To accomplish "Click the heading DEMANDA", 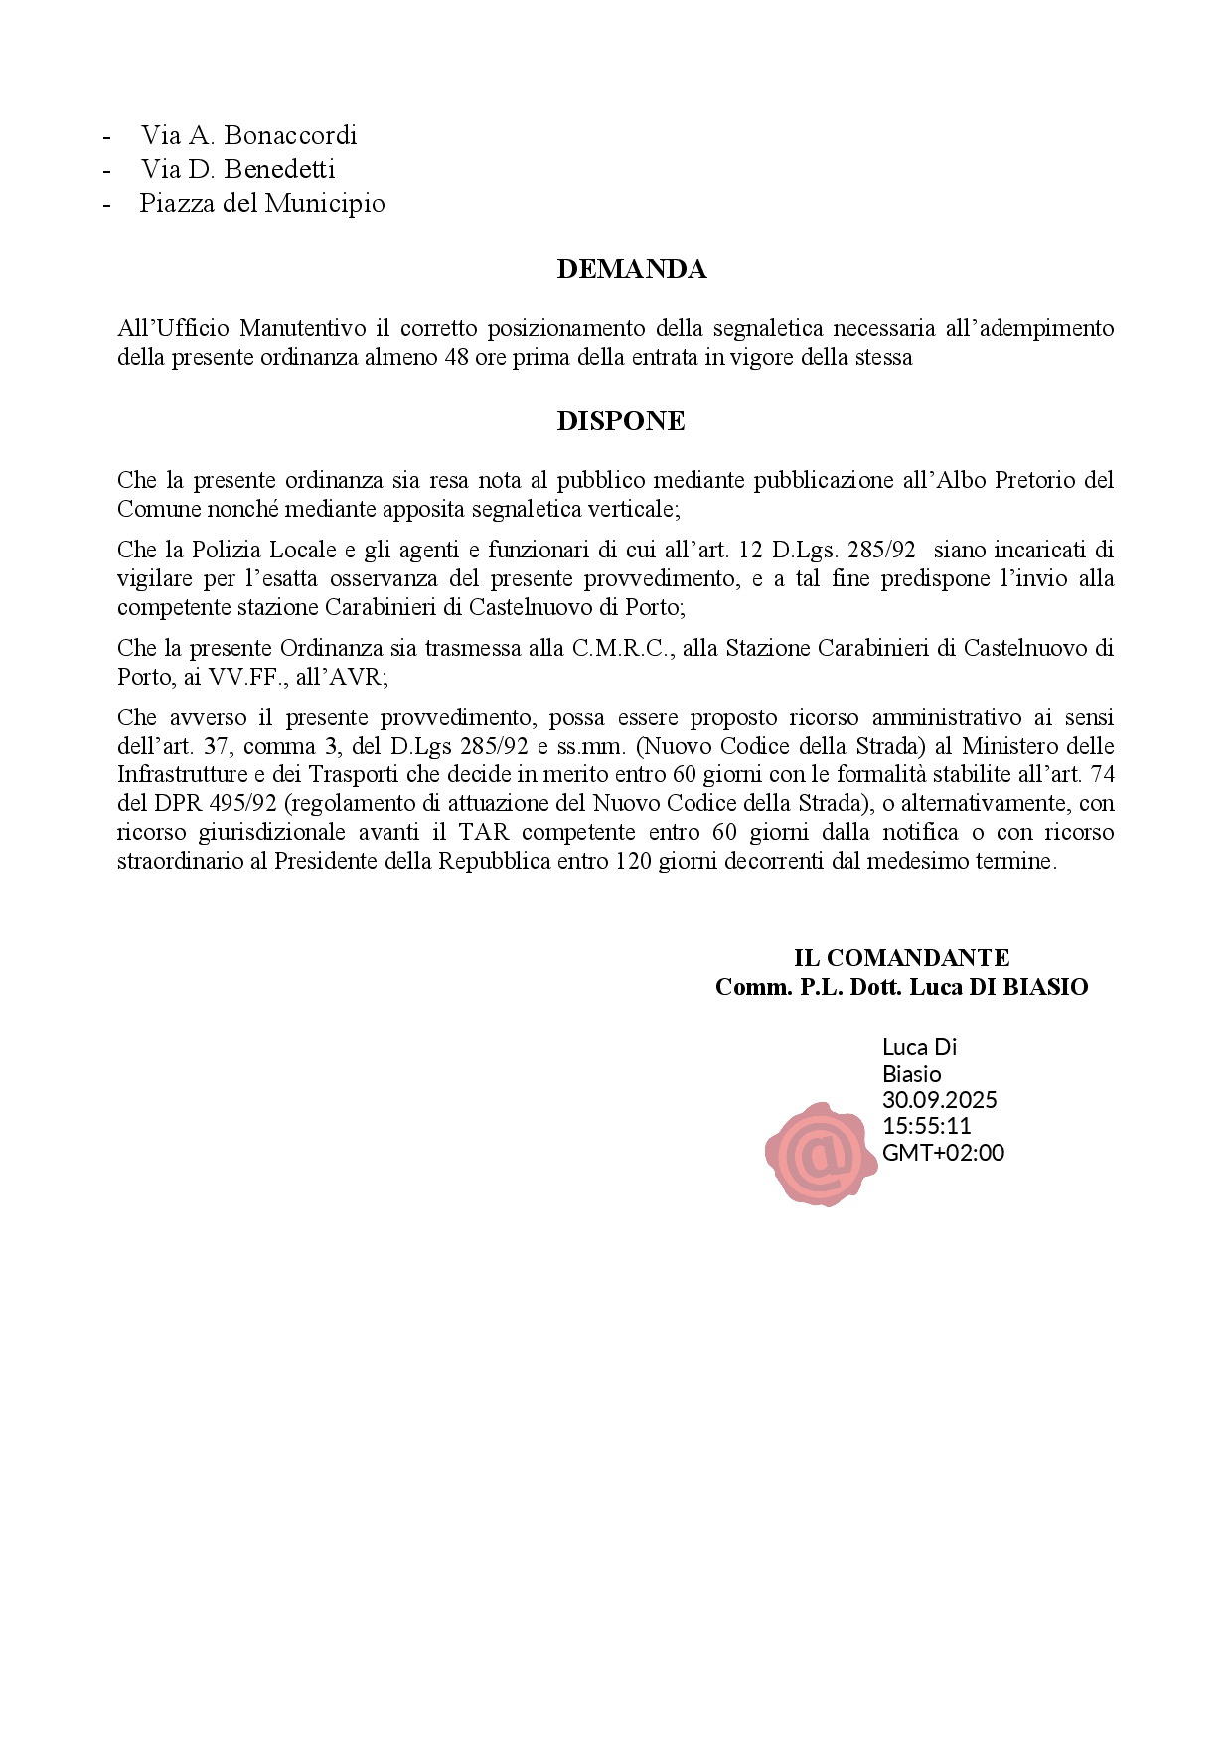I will click(631, 270).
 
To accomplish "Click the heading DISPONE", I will click(620, 421).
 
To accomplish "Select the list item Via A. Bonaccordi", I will click(248, 135).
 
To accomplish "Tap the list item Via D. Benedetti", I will click(237, 169).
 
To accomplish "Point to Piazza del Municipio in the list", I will click(261, 204).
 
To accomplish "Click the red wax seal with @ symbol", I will click(821, 1154).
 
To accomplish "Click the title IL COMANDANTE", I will click(901, 958).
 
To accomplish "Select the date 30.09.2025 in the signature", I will click(939, 1100).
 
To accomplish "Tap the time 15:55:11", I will click(926, 1126).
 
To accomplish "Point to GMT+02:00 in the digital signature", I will click(943, 1153).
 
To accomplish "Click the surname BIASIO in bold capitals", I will click(1046, 987).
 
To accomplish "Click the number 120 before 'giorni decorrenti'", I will click(633, 861).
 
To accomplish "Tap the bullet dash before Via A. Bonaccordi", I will click(106, 136).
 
